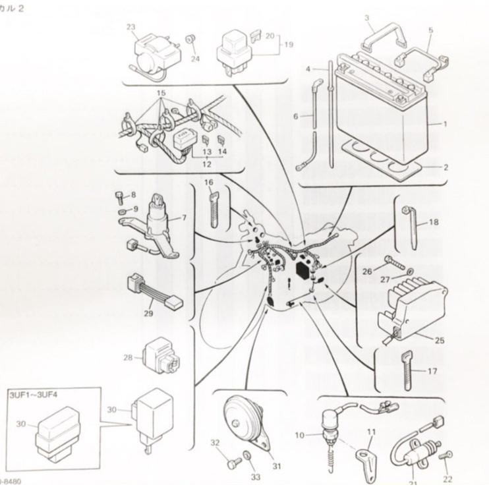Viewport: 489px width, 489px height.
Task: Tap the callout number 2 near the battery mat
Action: coord(446,167)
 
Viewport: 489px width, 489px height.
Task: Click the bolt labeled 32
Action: coord(232,463)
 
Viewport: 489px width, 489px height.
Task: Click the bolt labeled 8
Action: coord(118,196)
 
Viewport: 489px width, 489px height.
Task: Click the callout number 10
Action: coord(299,435)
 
